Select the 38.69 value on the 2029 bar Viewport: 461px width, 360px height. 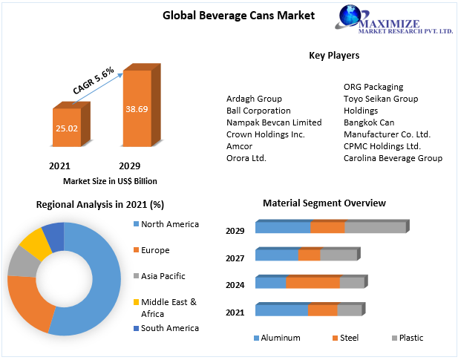point(137,108)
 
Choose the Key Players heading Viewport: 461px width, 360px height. point(334,56)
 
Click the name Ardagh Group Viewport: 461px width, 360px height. point(254,99)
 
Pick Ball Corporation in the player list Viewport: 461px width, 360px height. point(258,111)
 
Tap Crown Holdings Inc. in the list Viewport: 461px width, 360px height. point(265,134)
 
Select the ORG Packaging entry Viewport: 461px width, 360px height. point(373,87)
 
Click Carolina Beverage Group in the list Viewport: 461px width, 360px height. point(393,158)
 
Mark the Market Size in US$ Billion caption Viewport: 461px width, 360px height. point(110,181)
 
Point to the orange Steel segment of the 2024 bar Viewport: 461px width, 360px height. point(313,283)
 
